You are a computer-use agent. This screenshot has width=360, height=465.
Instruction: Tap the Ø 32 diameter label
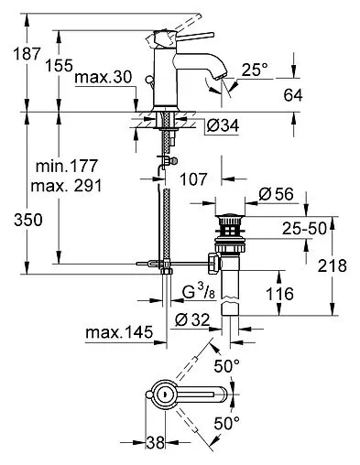click(x=192, y=319)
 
